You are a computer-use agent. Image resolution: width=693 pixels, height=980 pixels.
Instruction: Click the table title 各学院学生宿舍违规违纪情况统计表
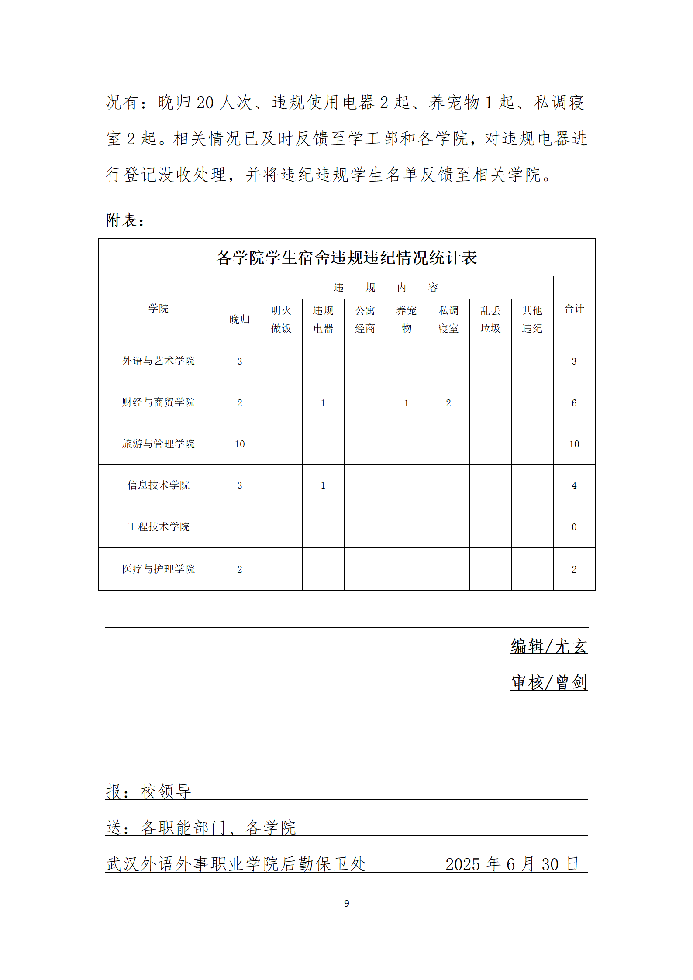click(346, 258)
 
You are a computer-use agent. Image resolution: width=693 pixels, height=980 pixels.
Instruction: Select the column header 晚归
click(239, 320)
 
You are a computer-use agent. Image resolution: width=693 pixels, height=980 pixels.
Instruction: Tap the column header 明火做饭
click(281, 320)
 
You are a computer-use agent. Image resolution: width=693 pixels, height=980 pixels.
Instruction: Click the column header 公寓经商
click(365, 320)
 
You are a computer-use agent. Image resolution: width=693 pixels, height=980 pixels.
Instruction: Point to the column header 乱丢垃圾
click(490, 320)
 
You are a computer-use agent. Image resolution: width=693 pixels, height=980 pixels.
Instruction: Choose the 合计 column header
click(574, 309)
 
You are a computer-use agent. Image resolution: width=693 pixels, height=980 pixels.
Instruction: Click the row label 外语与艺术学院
click(158, 361)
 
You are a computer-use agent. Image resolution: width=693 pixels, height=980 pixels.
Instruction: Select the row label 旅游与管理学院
click(158, 444)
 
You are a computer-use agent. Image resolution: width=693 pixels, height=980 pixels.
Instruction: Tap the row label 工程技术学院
click(158, 527)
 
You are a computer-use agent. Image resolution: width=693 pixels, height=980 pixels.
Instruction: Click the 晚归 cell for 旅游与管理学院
click(239, 444)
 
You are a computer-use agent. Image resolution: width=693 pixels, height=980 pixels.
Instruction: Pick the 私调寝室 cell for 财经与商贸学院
click(448, 403)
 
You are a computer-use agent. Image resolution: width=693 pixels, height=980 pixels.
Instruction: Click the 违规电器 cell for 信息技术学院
click(323, 485)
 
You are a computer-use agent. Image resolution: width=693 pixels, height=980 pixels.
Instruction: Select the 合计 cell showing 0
click(574, 527)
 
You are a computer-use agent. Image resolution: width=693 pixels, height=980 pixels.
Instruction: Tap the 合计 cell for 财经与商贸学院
click(574, 403)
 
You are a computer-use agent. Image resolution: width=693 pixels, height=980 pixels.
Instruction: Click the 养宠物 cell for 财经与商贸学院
click(406, 403)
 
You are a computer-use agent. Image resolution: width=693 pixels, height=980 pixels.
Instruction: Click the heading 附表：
click(125, 220)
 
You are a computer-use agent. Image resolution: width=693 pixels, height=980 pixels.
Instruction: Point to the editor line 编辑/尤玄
click(548, 646)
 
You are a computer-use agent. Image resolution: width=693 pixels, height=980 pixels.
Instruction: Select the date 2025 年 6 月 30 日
click(512, 864)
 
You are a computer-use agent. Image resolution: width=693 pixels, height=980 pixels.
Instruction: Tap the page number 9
click(346, 903)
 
